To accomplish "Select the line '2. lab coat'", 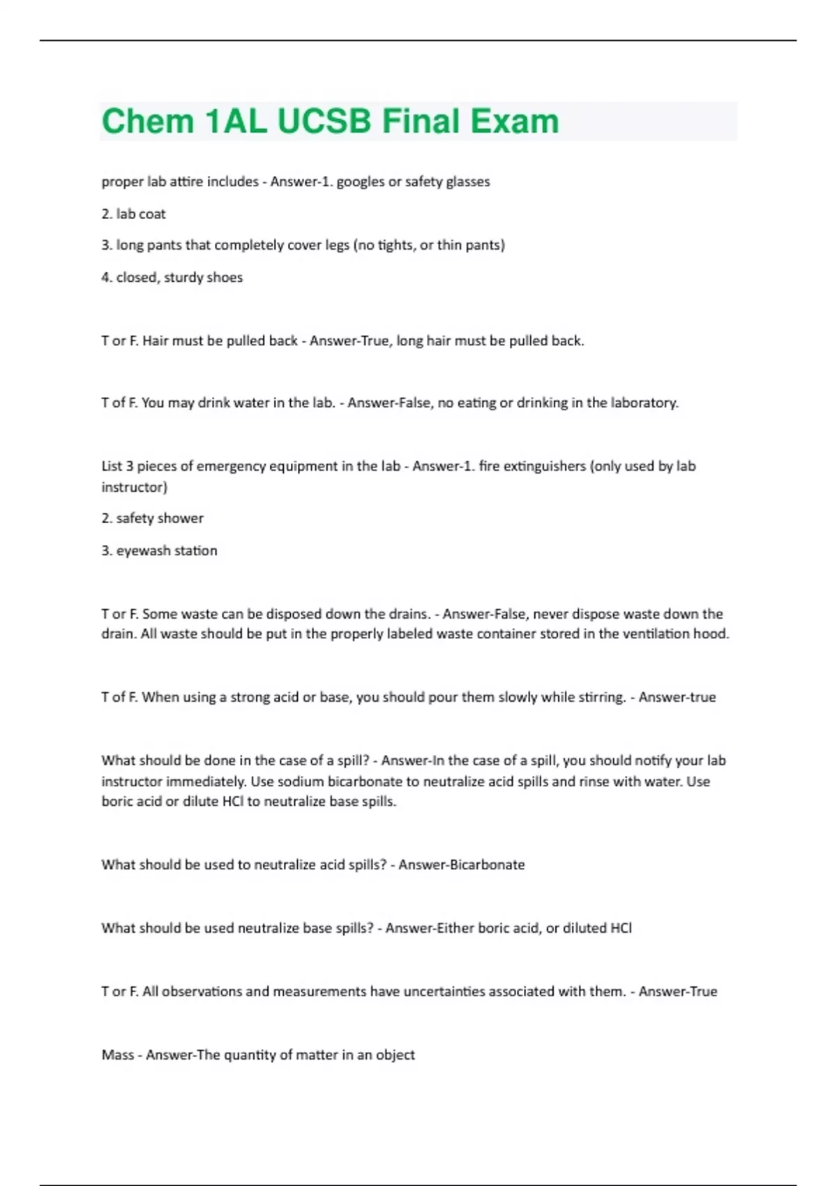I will point(133,214).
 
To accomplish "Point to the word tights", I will point(396,245).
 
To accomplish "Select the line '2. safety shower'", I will point(152,518).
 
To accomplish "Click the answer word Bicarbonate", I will point(487,865).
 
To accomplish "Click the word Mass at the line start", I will point(117,1055).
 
